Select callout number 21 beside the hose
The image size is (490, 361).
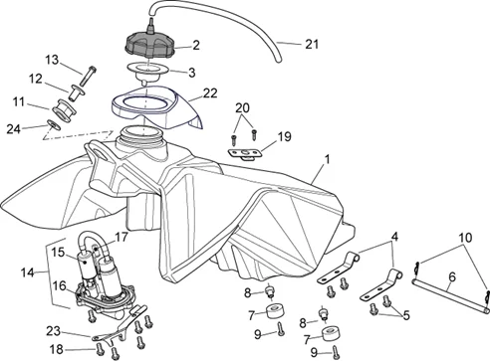[312, 45]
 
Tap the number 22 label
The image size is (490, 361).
[210, 93]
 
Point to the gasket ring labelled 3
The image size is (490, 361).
[148, 73]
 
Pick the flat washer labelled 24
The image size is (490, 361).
[53, 125]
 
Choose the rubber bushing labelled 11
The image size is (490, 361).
[64, 109]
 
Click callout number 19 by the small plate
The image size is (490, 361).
[284, 136]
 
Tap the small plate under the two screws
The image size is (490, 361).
[245, 154]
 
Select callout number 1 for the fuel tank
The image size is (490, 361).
[328, 159]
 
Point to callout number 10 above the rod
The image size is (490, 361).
[465, 238]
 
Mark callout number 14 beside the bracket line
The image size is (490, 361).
[28, 272]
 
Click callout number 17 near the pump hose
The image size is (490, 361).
[122, 237]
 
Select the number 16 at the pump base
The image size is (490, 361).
[60, 285]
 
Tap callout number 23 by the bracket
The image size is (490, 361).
[53, 331]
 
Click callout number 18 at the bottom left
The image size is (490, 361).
[57, 349]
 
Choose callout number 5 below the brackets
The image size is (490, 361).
[406, 315]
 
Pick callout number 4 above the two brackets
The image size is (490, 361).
[394, 237]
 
